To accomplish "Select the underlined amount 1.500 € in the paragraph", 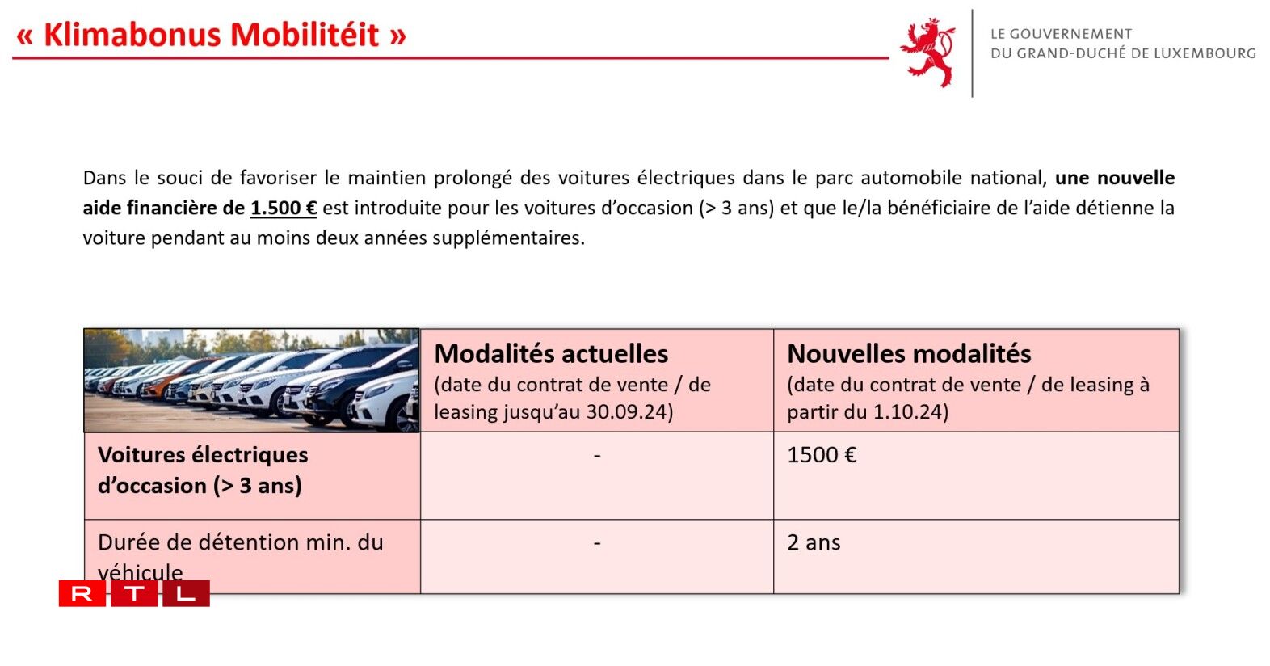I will pyautogui.click(x=283, y=209).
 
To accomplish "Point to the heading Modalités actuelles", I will pyautogui.click(x=551, y=354).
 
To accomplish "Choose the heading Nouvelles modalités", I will pyautogui.click(x=909, y=354).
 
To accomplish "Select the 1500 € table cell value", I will pyautogui.click(x=822, y=455).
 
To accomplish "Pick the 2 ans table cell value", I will pyautogui.click(x=814, y=542).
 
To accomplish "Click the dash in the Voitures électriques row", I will pyautogui.click(x=597, y=456).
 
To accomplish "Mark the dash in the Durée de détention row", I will pyautogui.click(x=597, y=543).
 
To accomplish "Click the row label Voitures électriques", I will pyautogui.click(x=203, y=455).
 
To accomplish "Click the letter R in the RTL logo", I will pyautogui.click(x=82, y=594).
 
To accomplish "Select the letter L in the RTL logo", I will pyautogui.click(x=186, y=594).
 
